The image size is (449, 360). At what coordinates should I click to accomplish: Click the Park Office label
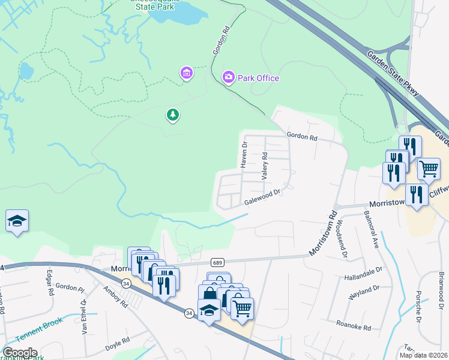click(x=259, y=78)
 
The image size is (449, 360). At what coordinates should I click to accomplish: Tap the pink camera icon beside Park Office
click(x=228, y=77)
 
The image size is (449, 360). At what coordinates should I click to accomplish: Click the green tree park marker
click(x=173, y=115)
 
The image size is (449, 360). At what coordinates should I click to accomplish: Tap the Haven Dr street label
click(x=244, y=155)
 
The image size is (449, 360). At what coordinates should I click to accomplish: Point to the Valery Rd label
click(x=264, y=166)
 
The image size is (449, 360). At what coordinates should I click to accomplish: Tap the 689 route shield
click(x=217, y=263)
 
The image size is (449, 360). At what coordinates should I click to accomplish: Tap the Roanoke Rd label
click(x=354, y=328)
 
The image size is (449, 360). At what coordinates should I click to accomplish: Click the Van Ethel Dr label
click(x=85, y=316)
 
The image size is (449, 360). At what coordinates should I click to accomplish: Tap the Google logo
click(x=19, y=353)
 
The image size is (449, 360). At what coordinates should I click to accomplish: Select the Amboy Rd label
click(x=115, y=296)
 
